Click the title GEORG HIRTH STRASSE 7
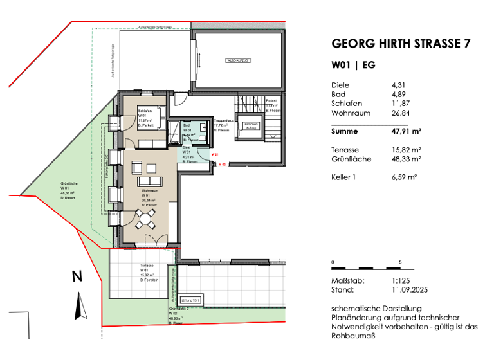(400, 44)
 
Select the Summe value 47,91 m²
(406, 131)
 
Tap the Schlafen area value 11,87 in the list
(401, 104)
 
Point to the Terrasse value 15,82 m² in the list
(406, 149)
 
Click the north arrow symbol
(80, 305)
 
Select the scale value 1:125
(401, 280)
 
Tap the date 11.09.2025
(410, 290)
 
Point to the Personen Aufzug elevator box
(250, 125)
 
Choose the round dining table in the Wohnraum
(147, 220)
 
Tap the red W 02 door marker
(222, 165)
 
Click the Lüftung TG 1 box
(191, 300)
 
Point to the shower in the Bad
(175, 130)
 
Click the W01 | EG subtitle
(353, 65)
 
